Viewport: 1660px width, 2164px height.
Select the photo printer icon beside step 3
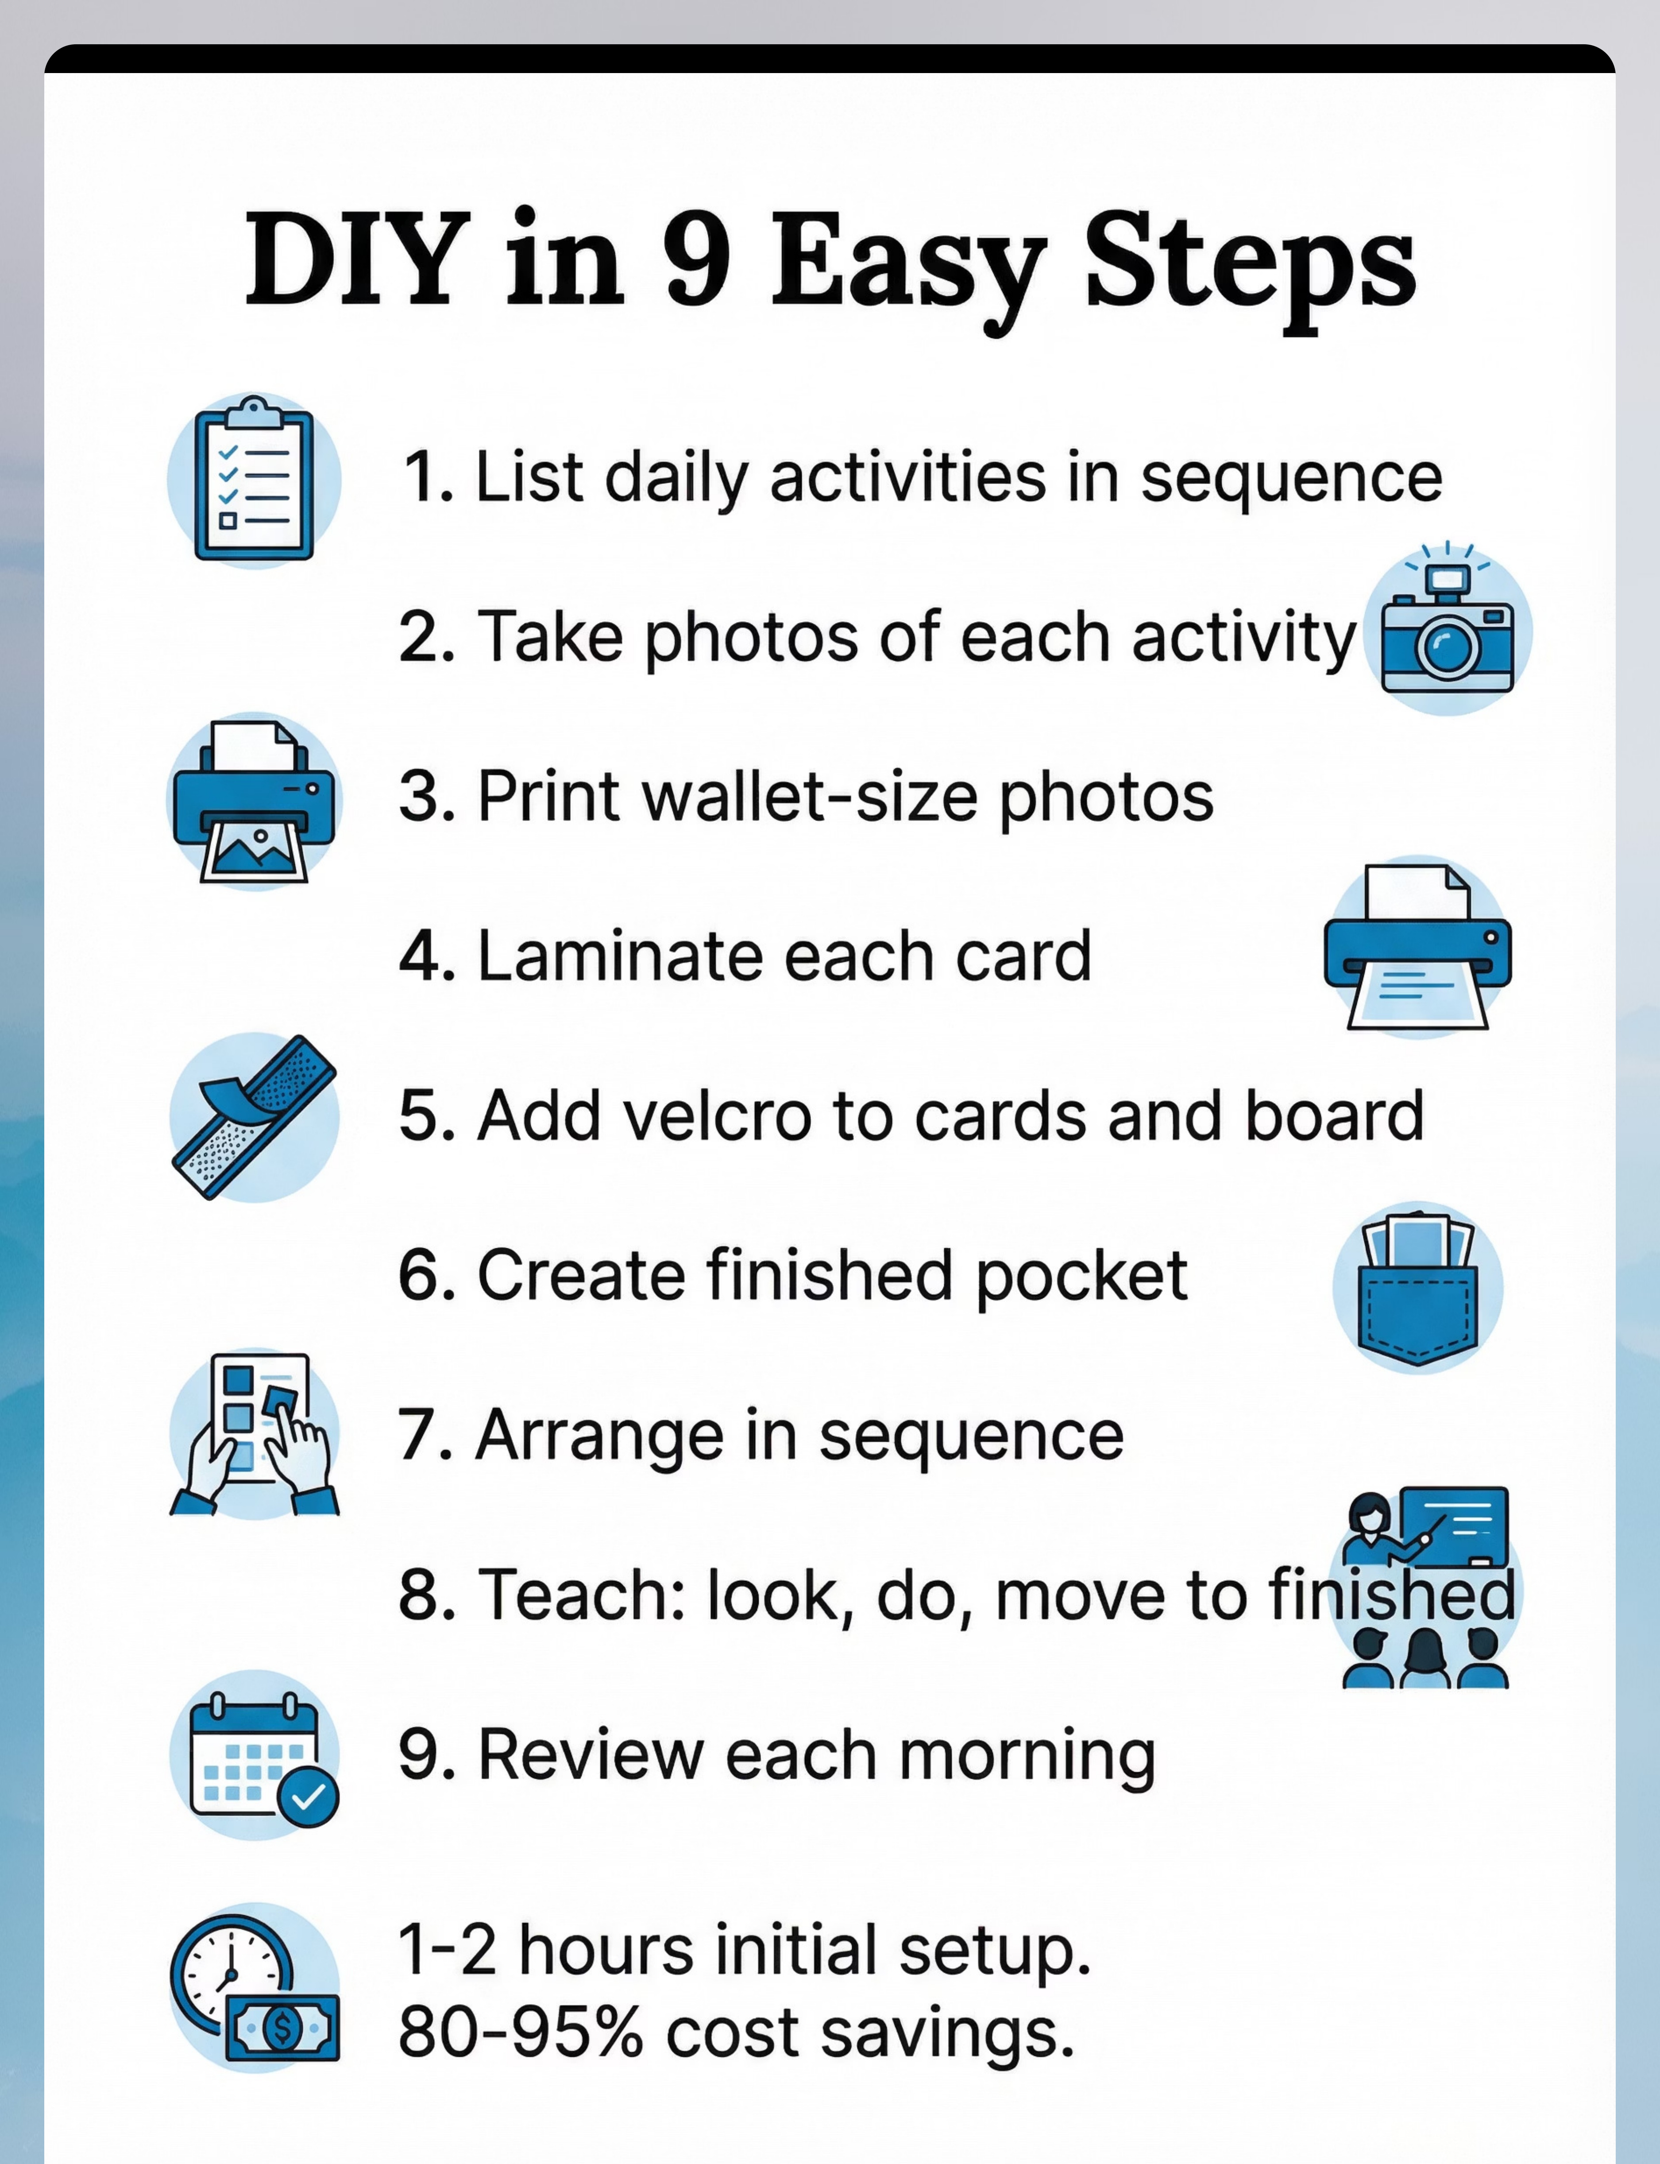point(254,801)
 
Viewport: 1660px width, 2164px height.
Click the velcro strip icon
point(254,1117)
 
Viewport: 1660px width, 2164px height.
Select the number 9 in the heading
point(698,259)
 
